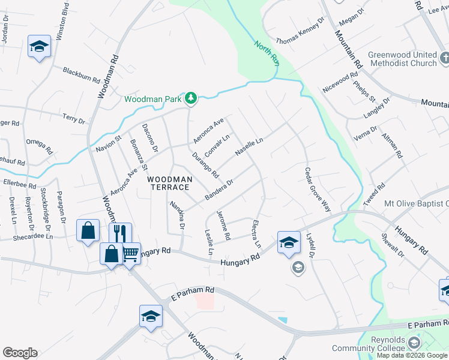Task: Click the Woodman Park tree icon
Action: click(191, 98)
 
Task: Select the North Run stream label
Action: click(267, 52)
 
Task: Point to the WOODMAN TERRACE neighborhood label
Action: click(170, 184)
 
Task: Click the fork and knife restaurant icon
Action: click(120, 232)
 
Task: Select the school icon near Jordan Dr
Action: click(39, 45)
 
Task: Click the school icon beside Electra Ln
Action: click(288, 242)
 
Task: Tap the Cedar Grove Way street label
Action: click(318, 188)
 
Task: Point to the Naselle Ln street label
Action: click(249, 147)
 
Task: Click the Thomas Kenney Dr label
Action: click(300, 37)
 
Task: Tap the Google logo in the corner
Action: click(20, 353)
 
